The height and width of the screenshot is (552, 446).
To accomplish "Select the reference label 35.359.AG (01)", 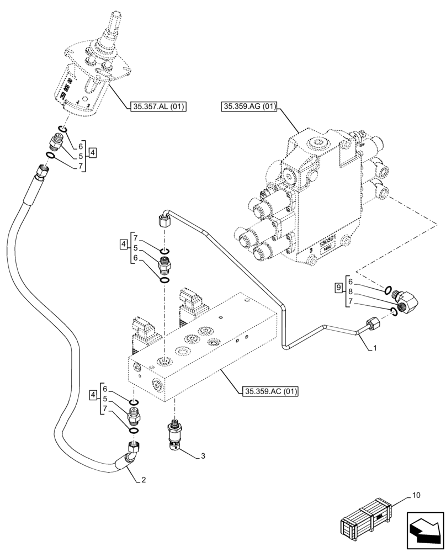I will click(x=249, y=107).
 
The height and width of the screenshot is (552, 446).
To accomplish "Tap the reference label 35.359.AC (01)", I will click(x=270, y=392).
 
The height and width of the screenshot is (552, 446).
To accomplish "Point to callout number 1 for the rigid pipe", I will click(x=375, y=349).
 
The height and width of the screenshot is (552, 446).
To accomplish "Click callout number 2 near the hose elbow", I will click(x=144, y=480).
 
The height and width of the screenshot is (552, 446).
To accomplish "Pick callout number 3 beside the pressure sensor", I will click(x=203, y=456).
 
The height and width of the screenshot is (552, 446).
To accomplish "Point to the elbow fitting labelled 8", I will click(x=408, y=301).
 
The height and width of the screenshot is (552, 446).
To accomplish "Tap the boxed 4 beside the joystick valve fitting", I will click(x=93, y=152).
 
